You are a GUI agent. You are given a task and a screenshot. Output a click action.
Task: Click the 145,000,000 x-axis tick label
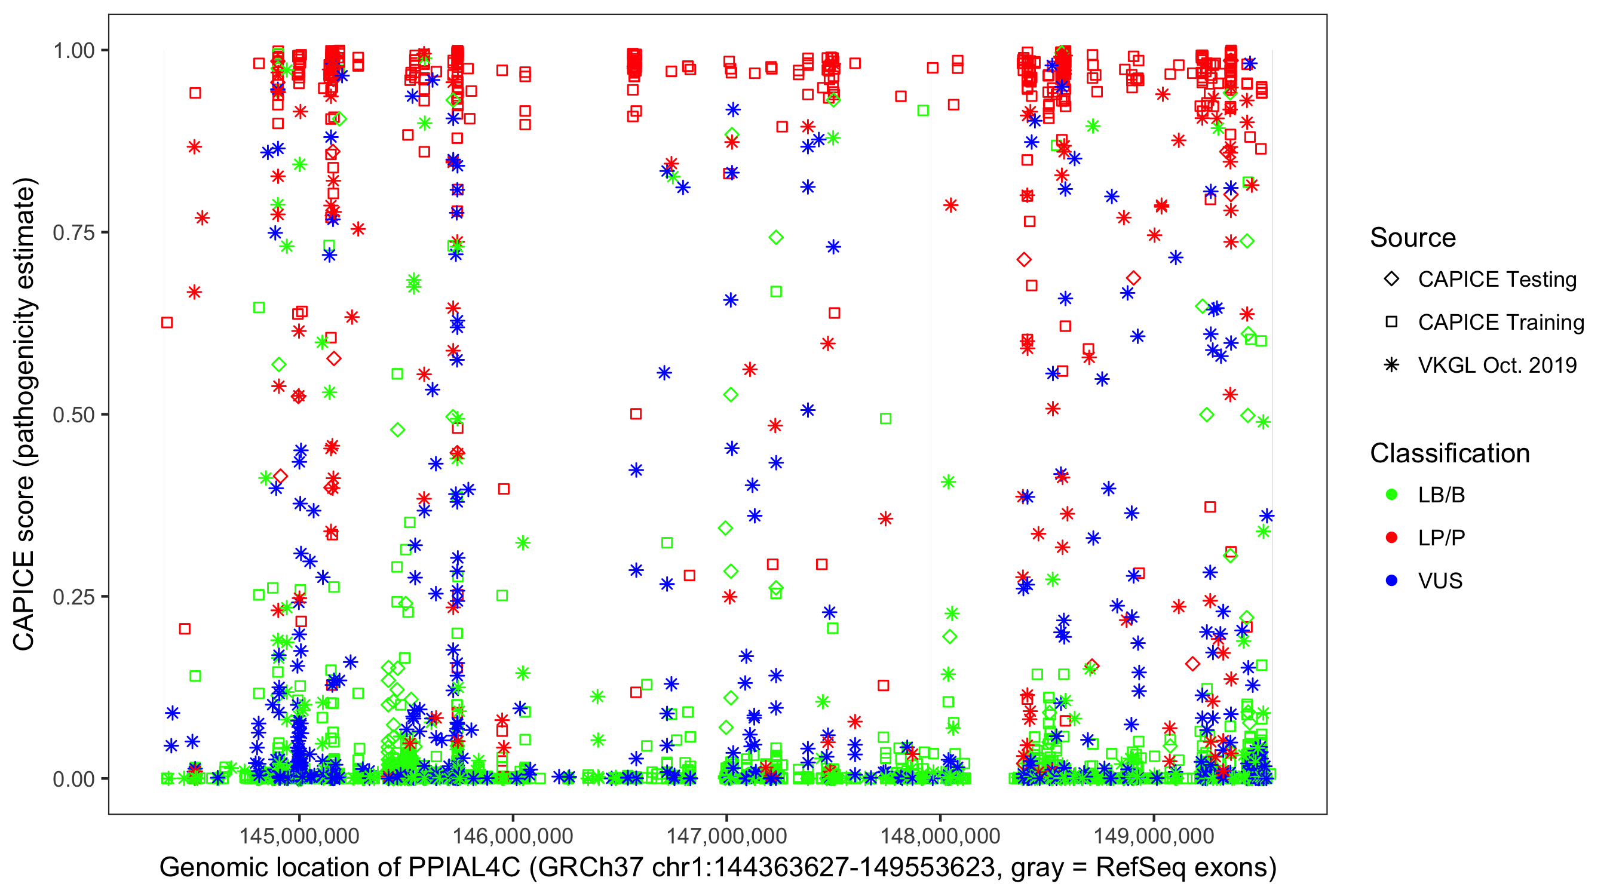[x=299, y=836]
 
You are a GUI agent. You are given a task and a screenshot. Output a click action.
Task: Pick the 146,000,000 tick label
[x=513, y=836]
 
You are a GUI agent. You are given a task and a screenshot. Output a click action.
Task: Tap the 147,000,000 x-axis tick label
[x=726, y=836]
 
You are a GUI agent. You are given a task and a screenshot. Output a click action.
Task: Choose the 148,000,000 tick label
[x=940, y=836]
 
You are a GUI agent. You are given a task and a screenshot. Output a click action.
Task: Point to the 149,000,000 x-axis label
[x=1154, y=836]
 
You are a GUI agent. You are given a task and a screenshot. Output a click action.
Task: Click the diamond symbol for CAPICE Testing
[x=1391, y=280]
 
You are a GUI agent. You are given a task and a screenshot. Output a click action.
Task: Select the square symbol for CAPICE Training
[x=1391, y=323]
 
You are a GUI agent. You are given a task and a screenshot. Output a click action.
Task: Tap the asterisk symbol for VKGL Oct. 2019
[x=1391, y=365]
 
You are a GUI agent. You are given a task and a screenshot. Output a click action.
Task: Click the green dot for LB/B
[x=1391, y=495]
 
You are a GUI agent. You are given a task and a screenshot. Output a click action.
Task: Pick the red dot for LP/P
[x=1391, y=538]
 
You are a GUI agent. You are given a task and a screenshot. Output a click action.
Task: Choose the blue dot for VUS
[x=1391, y=581]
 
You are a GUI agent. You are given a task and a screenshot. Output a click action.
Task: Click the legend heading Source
[x=1413, y=238]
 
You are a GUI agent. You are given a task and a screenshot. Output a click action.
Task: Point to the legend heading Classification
[x=1449, y=453]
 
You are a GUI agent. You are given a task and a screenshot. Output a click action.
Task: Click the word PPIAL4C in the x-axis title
[x=464, y=868]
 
